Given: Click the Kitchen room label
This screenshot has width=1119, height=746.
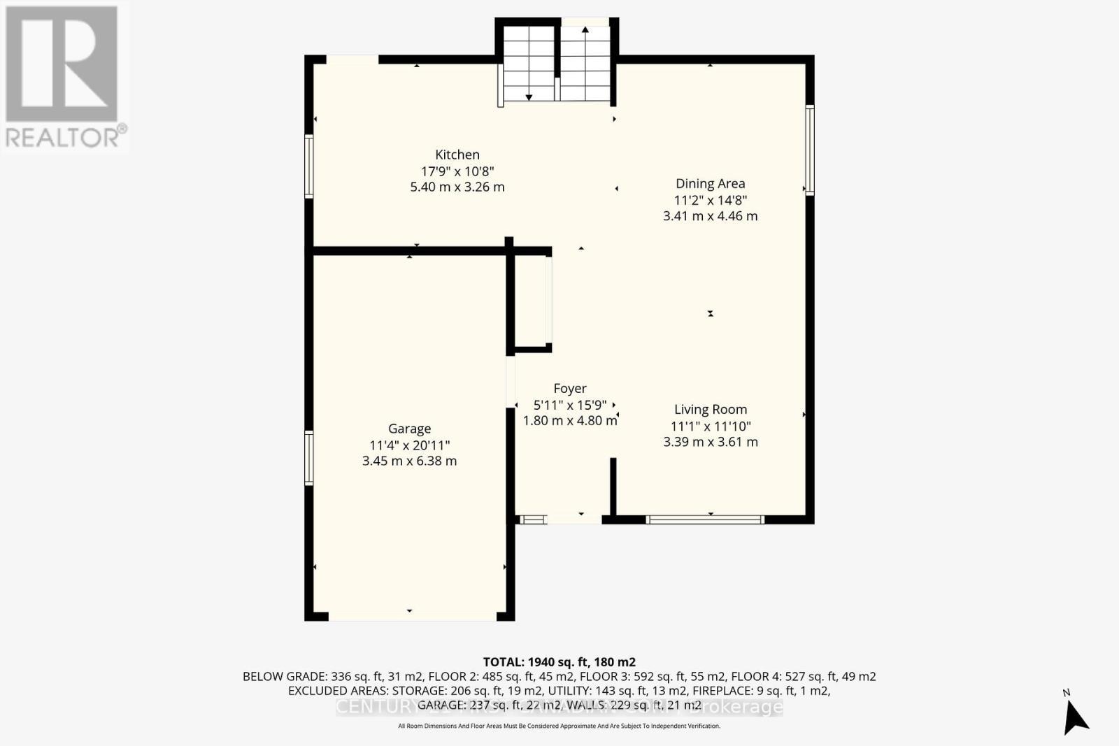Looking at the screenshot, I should (457, 155).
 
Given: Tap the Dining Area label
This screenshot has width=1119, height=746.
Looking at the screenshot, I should (710, 183).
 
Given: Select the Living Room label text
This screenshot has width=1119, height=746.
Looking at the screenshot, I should (710, 409).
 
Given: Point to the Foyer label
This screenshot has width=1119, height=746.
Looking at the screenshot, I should (569, 388).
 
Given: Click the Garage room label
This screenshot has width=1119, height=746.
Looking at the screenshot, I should (409, 429).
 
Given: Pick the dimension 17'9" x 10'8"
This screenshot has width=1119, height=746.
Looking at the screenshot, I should (457, 171).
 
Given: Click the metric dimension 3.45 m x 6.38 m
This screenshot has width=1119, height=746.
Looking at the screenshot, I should (409, 461).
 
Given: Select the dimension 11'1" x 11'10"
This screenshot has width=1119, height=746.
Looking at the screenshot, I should (710, 426).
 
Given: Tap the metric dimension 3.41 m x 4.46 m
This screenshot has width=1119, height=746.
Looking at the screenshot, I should (710, 216).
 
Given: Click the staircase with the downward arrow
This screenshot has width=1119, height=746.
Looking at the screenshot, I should (529, 63).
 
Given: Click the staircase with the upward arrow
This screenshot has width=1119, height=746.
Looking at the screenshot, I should (585, 63).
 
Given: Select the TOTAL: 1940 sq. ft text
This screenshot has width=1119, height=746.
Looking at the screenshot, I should (559, 661).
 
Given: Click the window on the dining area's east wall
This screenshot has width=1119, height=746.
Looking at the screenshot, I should (810, 149).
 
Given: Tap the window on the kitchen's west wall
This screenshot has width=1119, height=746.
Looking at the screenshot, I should (309, 166).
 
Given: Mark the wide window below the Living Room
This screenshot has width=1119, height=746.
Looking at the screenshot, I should (704, 519).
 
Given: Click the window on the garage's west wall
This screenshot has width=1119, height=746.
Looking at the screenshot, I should (309, 458).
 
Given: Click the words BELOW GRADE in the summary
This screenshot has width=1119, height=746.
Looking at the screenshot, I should (283, 676).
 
